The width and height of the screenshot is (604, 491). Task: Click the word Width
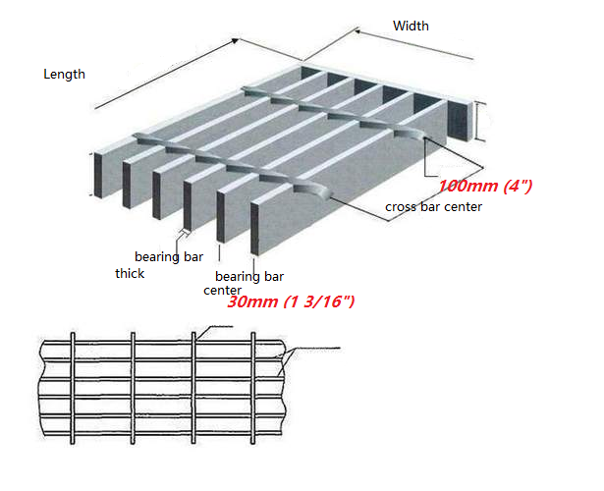pyautogui.click(x=411, y=26)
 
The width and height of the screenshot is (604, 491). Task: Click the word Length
pyautogui.click(x=64, y=75)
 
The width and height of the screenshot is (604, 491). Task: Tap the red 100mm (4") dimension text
pyautogui.click(x=485, y=186)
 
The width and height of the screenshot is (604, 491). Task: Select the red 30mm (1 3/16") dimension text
pyautogui.click(x=291, y=301)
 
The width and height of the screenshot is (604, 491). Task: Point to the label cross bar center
pyautogui.click(x=433, y=207)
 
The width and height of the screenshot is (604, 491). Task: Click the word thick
pyautogui.click(x=130, y=273)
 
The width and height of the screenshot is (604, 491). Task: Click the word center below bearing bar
pyautogui.click(x=222, y=290)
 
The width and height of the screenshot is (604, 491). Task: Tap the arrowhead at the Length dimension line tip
pyautogui.click(x=235, y=40)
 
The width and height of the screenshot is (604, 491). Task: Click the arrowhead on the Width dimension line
pyautogui.click(x=357, y=30)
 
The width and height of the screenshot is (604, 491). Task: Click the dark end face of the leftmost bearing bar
pyautogui.click(x=98, y=176)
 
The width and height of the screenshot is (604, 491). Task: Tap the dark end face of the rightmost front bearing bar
pyautogui.click(x=254, y=229)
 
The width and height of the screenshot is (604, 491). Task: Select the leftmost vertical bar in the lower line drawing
pyautogui.click(x=73, y=388)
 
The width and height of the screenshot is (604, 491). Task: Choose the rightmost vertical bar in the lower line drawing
pyautogui.click(x=253, y=388)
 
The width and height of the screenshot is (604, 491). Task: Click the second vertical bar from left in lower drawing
pyautogui.click(x=133, y=388)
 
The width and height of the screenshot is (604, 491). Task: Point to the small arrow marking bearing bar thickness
pyautogui.click(x=185, y=232)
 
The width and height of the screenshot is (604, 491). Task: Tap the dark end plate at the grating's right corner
pyautogui.click(x=460, y=122)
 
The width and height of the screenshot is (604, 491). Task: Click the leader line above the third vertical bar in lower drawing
pyautogui.click(x=214, y=332)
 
